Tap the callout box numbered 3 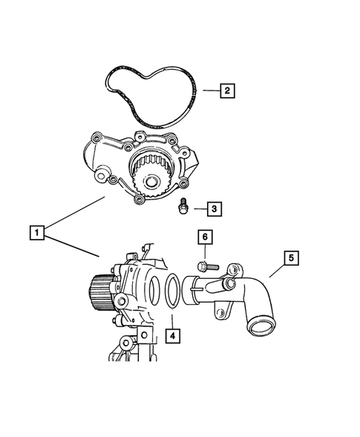tap(212, 210)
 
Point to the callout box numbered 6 tap(205, 237)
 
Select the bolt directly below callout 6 tap(205, 265)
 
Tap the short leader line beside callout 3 tap(196, 210)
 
